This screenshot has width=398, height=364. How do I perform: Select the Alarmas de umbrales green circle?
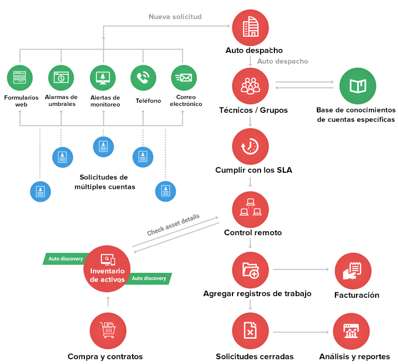point(61,77)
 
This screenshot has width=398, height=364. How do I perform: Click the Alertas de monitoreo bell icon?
point(102,77)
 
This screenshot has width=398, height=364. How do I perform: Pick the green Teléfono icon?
point(143,77)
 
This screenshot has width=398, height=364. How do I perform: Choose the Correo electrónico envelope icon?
point(184,77)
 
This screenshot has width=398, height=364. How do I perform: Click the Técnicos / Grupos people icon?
point(250,85)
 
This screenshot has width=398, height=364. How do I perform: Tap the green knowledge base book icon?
point(357,85)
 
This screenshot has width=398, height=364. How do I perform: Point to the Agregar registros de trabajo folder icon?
point(250,271)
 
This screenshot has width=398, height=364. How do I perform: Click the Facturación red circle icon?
point(353,271)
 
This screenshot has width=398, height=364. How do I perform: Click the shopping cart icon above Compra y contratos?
point(108,331)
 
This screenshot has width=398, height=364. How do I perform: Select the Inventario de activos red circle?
point(108,268)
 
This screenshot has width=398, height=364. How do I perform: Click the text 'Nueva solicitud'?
point(175,17)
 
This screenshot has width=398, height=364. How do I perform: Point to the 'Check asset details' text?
point(173,225)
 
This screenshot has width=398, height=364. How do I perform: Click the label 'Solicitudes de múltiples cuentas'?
point(107,182)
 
